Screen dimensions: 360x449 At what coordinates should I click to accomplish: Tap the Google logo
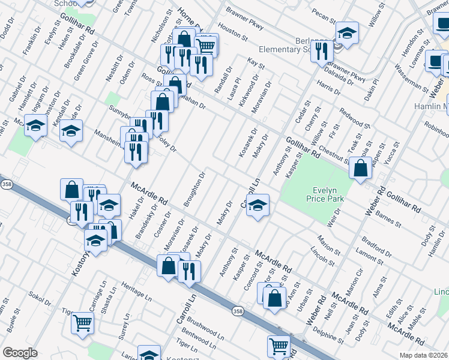click(20, 353)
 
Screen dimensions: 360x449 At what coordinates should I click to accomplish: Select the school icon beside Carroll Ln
click(258, 205)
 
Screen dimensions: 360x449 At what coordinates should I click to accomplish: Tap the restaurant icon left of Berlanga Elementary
click(322, 51)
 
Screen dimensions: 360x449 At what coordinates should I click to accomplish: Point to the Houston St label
click(234, 32)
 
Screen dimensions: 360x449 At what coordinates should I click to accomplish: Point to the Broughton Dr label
click(195, 190)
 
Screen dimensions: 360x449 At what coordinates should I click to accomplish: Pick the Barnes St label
click(390, 218)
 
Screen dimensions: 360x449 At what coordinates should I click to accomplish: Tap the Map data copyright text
click(424, 355)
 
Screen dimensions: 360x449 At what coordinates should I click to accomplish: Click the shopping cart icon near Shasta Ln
click(82, 323)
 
